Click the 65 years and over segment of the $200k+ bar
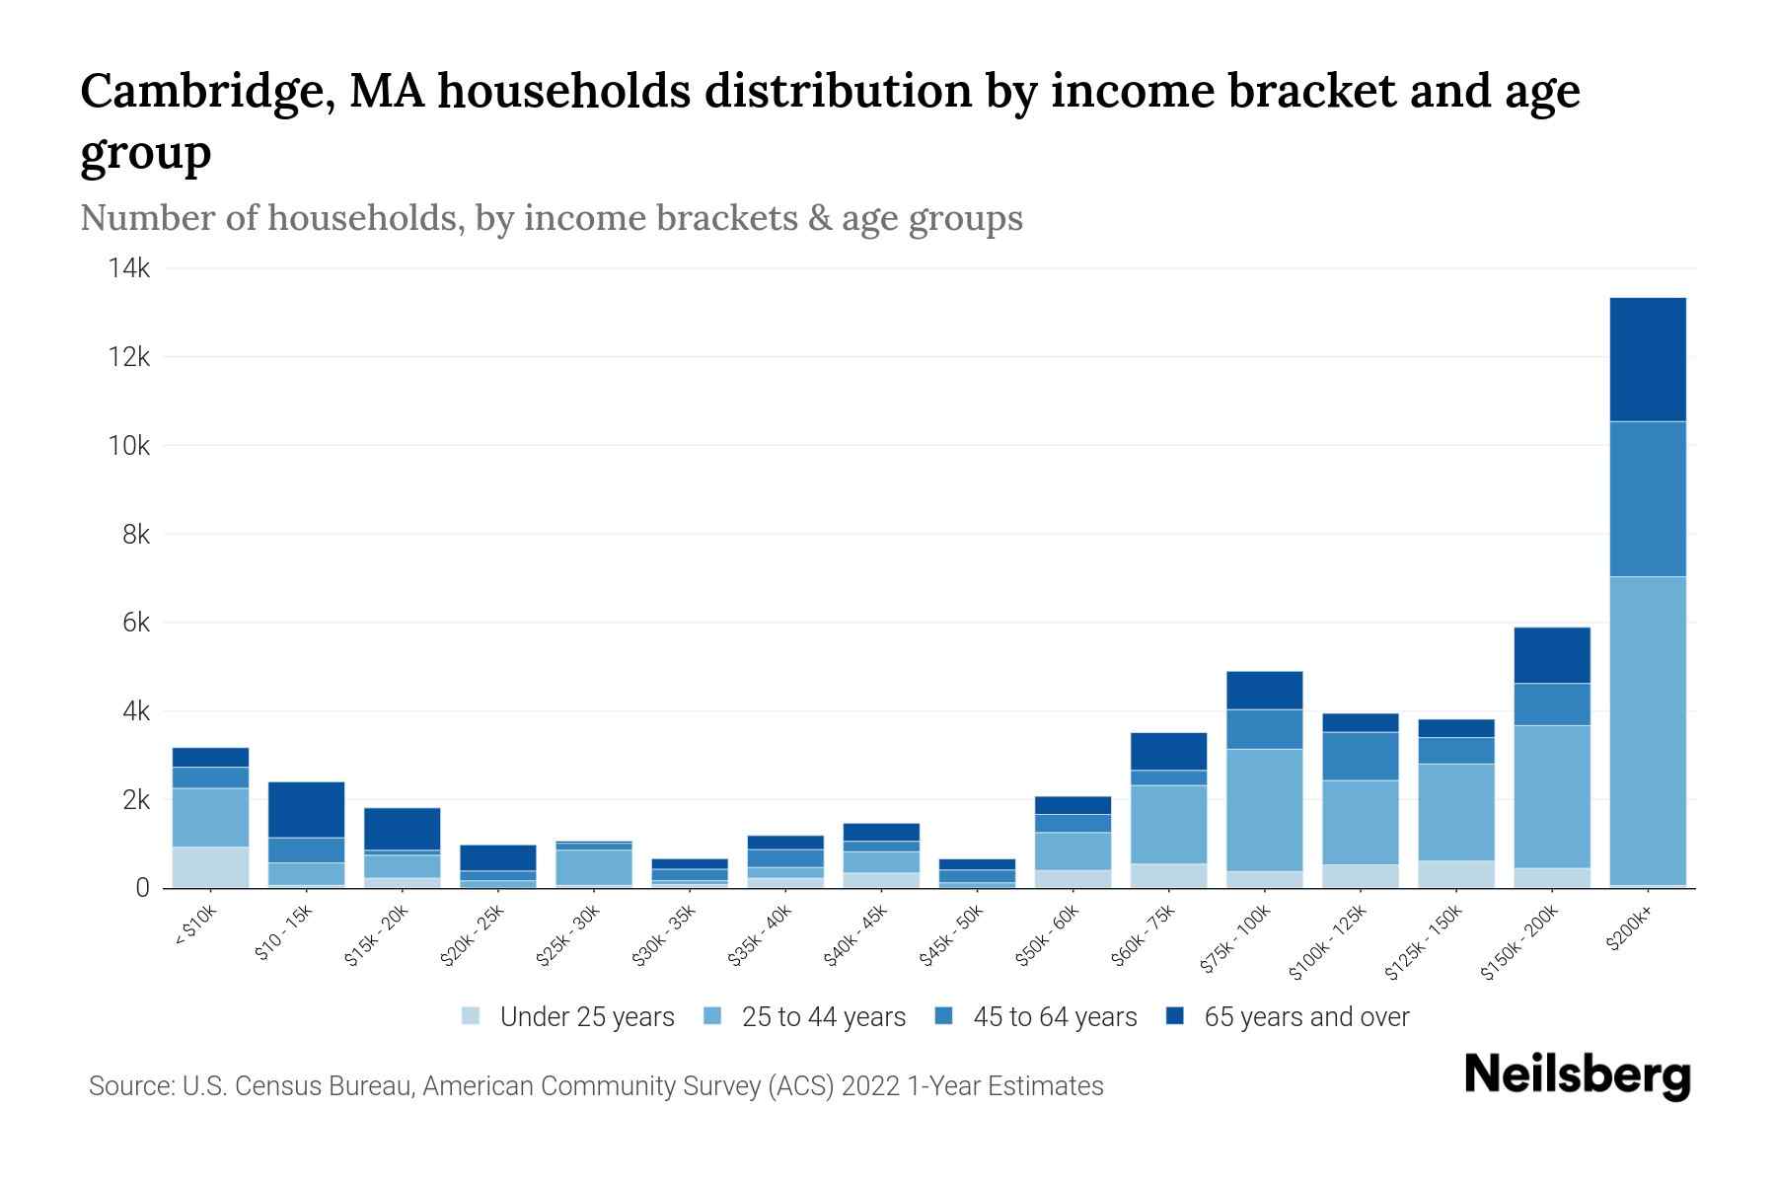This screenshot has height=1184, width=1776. [1647, 359]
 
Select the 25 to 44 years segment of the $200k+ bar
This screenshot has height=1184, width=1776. [1647, 730]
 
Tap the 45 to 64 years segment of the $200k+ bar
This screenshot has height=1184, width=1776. [1647, 498]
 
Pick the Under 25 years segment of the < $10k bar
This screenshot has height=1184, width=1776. [210, 867]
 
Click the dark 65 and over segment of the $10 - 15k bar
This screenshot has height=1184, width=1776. [306, 809]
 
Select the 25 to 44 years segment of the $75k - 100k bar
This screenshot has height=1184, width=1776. [1264, 810]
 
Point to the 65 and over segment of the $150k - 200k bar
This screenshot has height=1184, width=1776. [1551, 655]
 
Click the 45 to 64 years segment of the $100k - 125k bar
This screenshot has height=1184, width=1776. [1360, 756]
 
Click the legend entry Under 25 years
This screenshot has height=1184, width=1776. [586, 1017]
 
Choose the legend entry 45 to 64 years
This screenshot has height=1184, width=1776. [1054, 1017]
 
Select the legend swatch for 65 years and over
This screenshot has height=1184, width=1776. [1175, 1016]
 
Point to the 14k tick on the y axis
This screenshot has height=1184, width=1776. [129, 268]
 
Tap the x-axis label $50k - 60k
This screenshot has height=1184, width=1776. [1049, 936]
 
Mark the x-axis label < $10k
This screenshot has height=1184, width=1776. [195, 926]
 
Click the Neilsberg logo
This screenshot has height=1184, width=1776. [1577, 1075]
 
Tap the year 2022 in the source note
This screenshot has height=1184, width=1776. [871, 1086]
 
